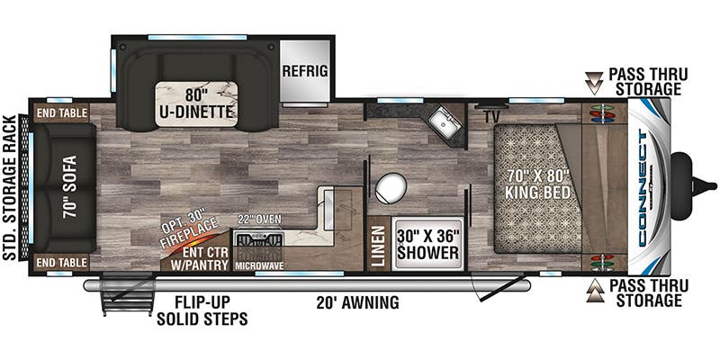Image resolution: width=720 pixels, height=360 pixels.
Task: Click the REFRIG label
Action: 305,71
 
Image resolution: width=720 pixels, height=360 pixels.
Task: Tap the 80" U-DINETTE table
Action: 196,103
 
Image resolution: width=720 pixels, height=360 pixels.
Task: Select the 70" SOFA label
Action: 70,187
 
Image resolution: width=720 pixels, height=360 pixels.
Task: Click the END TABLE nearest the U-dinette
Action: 62,113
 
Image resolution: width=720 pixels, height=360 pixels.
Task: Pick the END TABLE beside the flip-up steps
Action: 62,262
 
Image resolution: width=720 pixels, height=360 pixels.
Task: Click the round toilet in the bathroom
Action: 391,188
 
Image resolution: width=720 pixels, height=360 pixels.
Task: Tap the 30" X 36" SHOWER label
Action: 427,245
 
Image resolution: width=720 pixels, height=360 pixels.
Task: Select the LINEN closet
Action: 378,247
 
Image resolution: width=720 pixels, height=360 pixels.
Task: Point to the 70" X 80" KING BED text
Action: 537,184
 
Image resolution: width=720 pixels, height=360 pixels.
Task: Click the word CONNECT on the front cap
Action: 643,187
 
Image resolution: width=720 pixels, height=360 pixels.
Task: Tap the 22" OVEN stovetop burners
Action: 258,239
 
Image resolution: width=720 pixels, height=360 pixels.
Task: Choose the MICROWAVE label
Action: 259,265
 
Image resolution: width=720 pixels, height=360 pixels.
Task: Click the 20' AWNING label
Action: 357,302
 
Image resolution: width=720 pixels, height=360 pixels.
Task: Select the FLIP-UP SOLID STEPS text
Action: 202,310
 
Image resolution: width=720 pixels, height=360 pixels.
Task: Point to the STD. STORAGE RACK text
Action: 9,188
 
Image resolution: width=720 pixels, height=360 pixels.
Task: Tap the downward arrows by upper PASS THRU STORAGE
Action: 595,83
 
